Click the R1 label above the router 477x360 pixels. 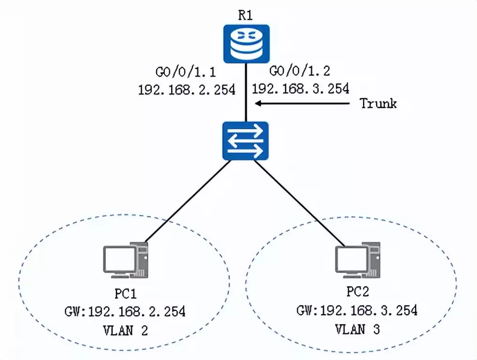pyautogui.click(x=245, y=14)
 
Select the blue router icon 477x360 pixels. pyautogui.click(x=246, y=44)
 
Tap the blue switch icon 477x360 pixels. pyautogui.click(x=245, y=140)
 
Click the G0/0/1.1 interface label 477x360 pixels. pyautogui.click(x=185, y=73)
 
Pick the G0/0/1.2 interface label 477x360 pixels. pyautogui.click(x=299, y=71)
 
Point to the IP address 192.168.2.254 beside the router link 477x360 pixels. pyautogui.click(x=186, y=89)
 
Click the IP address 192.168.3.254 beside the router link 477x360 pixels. pyautogui.click(x=301, y=88)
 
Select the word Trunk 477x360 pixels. pyautogui.click(x=378, y=103)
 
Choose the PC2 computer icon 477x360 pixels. pyautogui.click(x=357, y=260)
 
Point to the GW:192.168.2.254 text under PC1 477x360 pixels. pyautogui.click(x=125, y=312)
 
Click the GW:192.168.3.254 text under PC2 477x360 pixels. pyautogui.click(x=357, y=311)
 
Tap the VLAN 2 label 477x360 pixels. pyautogui.click(x=125, y=330)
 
